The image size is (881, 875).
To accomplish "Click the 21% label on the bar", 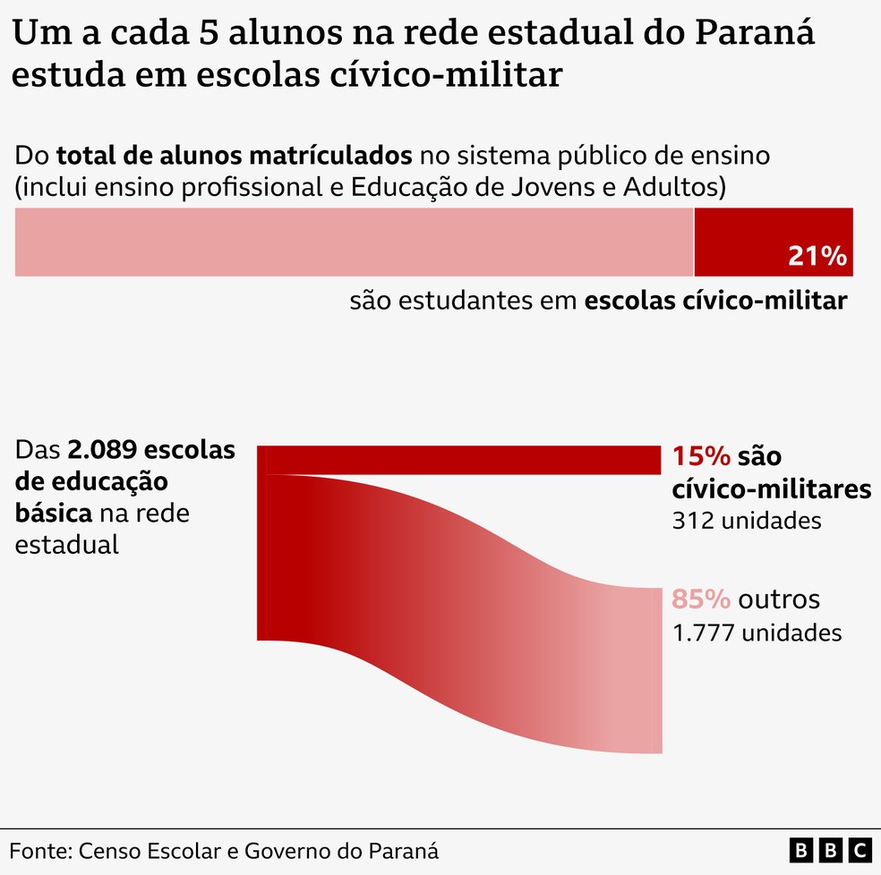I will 817,257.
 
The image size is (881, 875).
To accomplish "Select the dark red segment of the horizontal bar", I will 773,233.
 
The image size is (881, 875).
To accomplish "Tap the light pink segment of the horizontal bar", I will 354,242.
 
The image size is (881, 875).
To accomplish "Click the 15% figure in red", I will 701,457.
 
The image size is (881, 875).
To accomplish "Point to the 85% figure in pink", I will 701,599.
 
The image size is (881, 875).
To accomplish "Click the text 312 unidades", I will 747,521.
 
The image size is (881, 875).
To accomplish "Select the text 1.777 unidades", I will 757,633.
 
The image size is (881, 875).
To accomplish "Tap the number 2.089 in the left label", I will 106,449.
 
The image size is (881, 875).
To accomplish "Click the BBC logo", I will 831,849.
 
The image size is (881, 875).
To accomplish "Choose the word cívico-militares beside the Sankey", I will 771,489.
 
